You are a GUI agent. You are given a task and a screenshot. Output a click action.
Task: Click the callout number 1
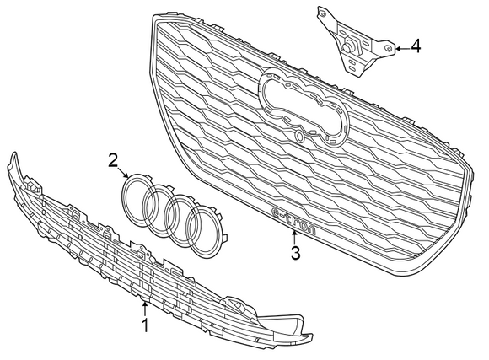tap(144, 324)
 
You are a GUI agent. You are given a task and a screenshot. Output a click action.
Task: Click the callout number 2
tap(113, 160)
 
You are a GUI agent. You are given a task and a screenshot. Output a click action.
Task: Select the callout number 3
tap(294, 252)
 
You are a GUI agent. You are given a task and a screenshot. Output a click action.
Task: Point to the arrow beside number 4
tap(400, 48)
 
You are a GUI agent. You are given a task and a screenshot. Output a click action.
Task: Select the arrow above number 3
tap(294, 235)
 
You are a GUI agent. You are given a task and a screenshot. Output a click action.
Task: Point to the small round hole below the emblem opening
tap(300, 137)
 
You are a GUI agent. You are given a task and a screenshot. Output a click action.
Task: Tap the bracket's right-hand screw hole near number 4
tap(386, 50)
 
